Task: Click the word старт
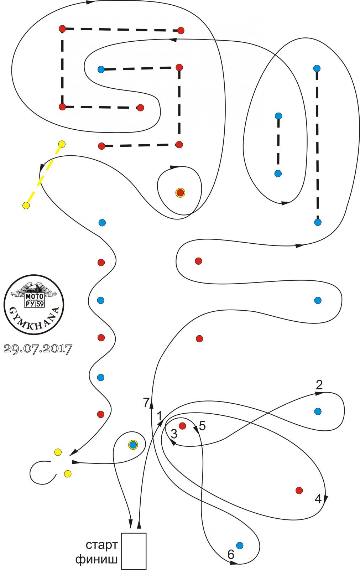[101, 545]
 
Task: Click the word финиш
[96, 559]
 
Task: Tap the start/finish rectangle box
[134, 551]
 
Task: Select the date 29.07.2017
[38, 348]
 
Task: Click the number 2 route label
[319, 385]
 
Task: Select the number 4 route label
[318, 499]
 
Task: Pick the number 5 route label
[202, 426]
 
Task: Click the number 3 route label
[174, 434]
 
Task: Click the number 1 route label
[160, 416]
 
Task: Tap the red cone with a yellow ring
[180, 193]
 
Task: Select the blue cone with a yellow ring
[133, 445]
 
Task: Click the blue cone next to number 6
[240, 545]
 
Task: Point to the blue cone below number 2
[318, 411]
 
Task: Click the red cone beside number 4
[299, 491]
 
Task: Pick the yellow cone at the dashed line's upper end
[62, 144]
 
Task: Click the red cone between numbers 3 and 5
[183, 426]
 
